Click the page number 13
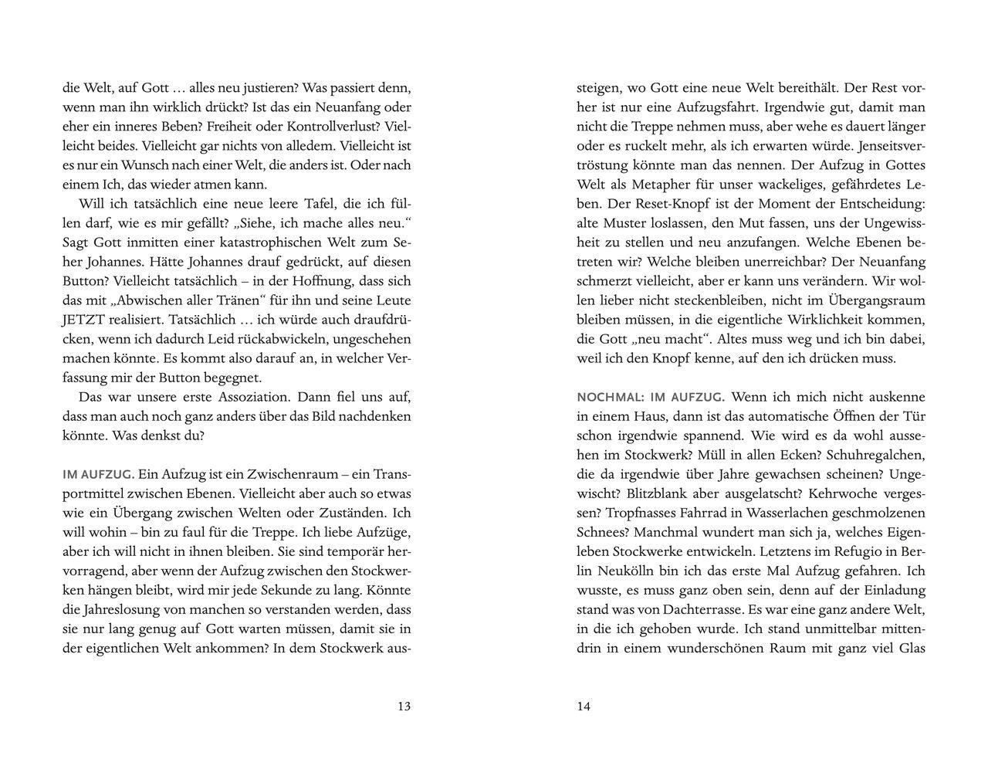403,706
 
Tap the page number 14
584,706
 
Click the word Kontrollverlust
330,127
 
